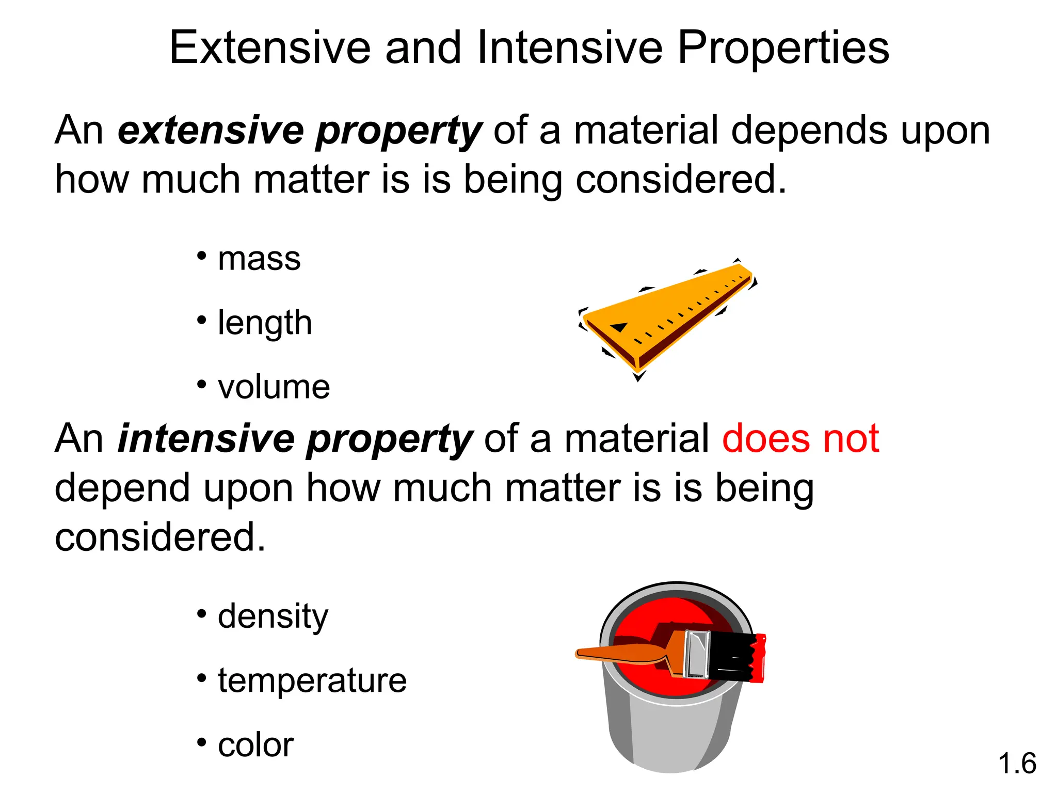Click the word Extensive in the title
click(x=270, y=47)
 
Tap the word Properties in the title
click(x=783, y=47)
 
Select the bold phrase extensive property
click(x=300, y=131)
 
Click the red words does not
click(x=800, y=439)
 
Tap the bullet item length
click(x=265, y=323)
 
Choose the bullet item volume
click(x=274, y=387)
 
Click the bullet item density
click(x=273, y=616)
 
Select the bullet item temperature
click(x=312, y=680)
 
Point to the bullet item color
click(x=255, y=745)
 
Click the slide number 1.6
click(x=1017, y=764)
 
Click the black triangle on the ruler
click(x=619, y=327)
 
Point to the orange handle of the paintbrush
click(x=619, y=653)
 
